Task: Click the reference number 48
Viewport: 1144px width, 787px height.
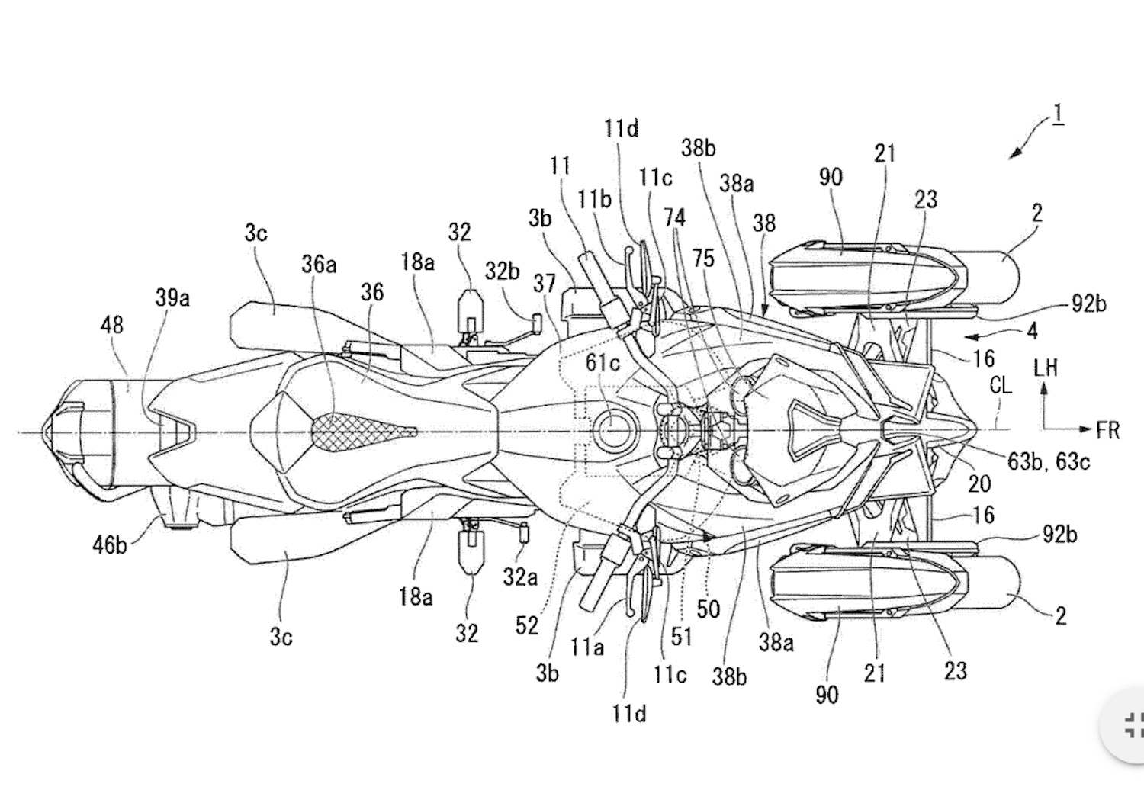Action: point(111,325)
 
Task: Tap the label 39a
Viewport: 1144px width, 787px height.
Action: point(172,297)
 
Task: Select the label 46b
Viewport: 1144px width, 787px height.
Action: point(110,544)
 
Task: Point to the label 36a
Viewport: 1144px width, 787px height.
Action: point(319,264)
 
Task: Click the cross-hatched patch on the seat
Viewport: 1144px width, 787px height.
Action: point(358,432)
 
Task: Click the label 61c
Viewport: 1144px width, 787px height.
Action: point(603,363)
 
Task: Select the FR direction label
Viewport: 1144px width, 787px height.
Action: point(1107,431)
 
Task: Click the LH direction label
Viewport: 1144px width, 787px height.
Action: point(1045,368)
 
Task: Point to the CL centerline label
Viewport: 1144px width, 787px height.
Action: point(1000,386)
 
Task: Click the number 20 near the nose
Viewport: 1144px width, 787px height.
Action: point(979,483)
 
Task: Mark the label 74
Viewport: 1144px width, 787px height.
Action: point(674,218)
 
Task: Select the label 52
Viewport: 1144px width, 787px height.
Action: point(526,625)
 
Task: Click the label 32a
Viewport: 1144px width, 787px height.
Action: point(519,577)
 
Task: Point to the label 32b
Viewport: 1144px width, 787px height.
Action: point(502,271)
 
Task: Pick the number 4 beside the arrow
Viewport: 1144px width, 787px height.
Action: point(1032,331)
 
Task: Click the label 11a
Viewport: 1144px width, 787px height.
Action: point(586,647)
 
